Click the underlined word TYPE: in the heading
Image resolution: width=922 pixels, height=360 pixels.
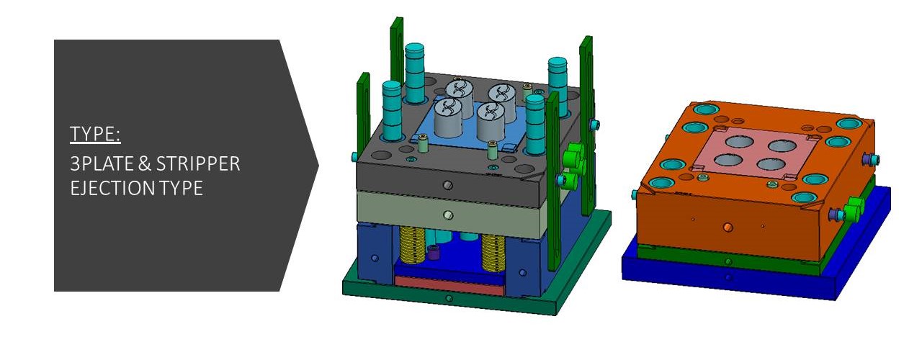click(x=95, y=134)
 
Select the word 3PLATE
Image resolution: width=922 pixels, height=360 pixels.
click(x=102, y=163)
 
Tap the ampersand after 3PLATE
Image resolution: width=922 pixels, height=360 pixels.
click(x=145, y=163)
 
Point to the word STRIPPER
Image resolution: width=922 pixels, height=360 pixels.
click(x=198, y=163)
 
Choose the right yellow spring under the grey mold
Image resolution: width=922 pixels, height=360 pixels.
click(x=493, y=252)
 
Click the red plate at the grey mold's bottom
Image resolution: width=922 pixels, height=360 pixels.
click(x=449, y=286)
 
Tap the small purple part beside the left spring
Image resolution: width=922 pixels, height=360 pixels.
click(x=433, y=252)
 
